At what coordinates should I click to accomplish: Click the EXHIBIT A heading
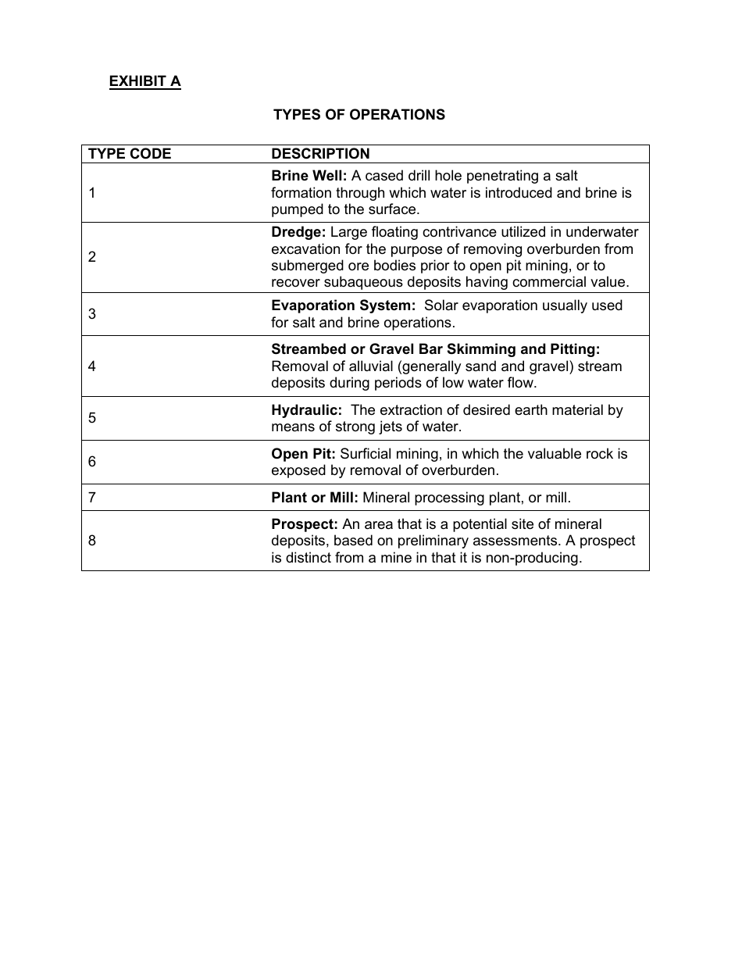tap(144, 81)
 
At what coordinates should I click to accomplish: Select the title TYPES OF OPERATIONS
tap(359, 115)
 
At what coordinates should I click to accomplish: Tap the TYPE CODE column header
tap(130, 154)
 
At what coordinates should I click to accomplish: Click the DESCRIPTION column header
tap(320, 154)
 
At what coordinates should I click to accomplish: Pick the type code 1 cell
tap(92, 193)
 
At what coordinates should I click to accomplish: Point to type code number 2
tap(92, 257)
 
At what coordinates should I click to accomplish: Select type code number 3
tap(92, 314)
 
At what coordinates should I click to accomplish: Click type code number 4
tap(92, 366)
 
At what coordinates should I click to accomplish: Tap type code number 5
tap(92, 418)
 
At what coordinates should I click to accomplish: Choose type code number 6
tap(92, 462)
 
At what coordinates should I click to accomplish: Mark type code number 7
tap(92, 497)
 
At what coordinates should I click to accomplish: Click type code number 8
tap(92, 541)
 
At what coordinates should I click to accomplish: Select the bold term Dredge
tap(298, 232)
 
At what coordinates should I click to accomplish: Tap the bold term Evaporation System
tap(343, 305)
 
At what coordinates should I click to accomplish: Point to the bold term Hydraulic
tap(306, 410)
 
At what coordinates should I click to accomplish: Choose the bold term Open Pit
tap(303, 454)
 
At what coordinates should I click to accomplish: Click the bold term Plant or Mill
tap(315, 498)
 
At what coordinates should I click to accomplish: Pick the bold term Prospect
tap(305, 524)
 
